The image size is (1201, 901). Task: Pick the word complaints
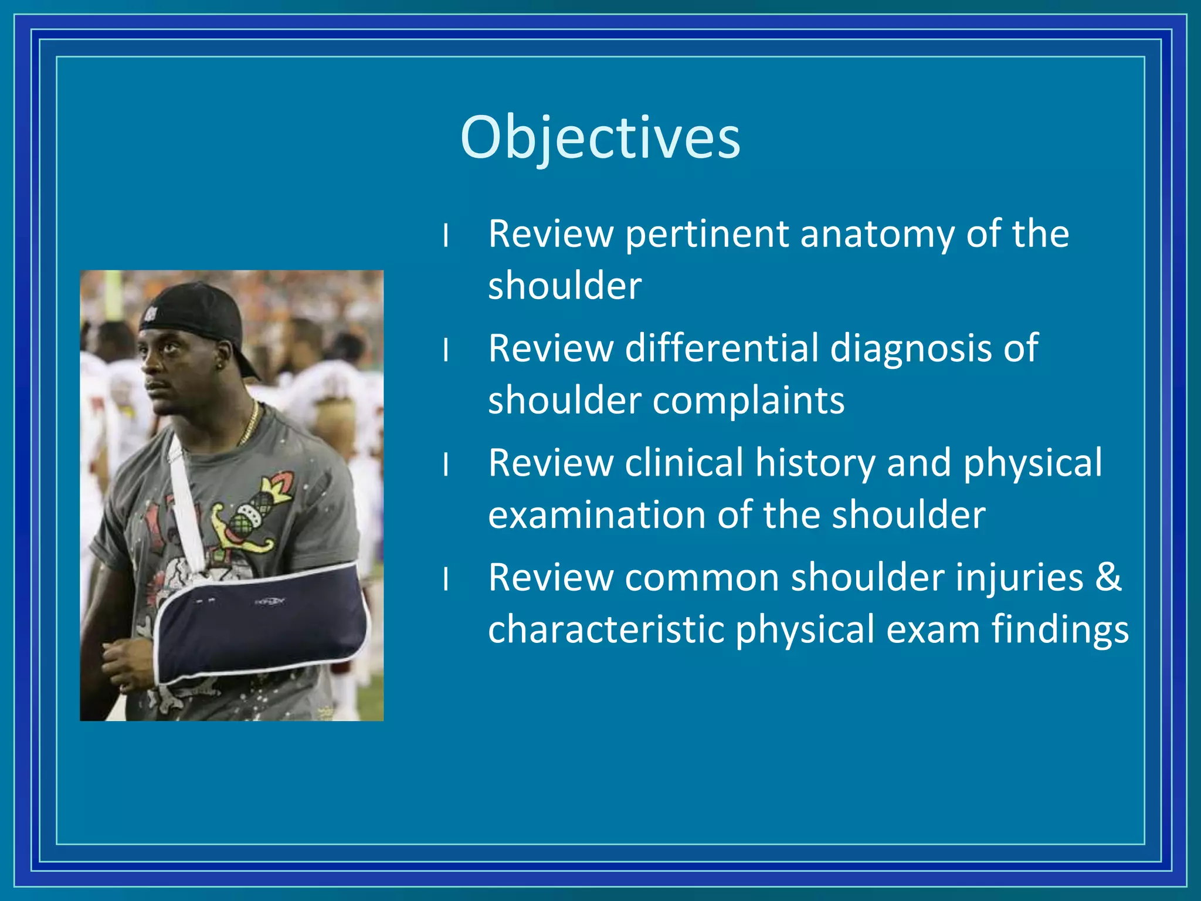coord(749,402)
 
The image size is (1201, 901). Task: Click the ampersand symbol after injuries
coord(1108,577)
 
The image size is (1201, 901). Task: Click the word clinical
coord(684,463)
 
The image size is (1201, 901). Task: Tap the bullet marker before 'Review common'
coord(446,580)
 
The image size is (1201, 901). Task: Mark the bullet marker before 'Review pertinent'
coord(446,236)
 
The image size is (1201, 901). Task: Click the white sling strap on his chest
coord(185,504)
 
